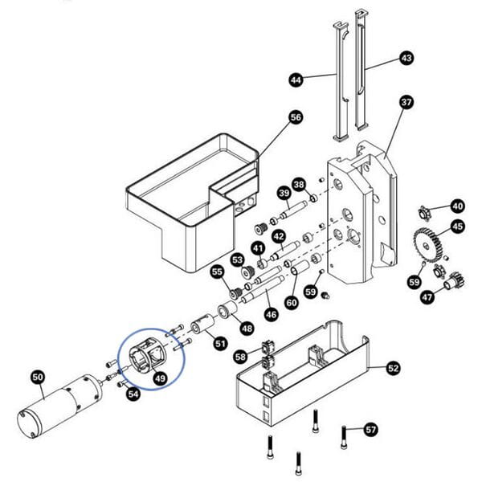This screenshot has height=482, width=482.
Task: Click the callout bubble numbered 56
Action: [296, 117]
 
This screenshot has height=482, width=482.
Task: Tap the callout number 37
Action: [406, 103]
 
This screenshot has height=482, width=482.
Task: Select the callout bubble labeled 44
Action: [296, 80]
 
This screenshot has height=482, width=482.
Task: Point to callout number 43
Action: [406, 58]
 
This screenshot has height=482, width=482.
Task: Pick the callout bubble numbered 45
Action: [457, 227]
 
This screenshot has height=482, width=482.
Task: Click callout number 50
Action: [38, 375]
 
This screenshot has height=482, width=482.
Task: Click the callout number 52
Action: [393, 368]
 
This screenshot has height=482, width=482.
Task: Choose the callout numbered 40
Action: [457, 205]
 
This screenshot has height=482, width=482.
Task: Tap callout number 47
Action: [427, 297]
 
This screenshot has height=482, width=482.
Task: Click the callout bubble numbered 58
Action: [241, 356]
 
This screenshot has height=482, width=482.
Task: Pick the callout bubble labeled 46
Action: [272, 314]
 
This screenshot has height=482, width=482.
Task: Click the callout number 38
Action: [300, 184]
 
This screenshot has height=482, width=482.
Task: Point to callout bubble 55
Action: [218, 272]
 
